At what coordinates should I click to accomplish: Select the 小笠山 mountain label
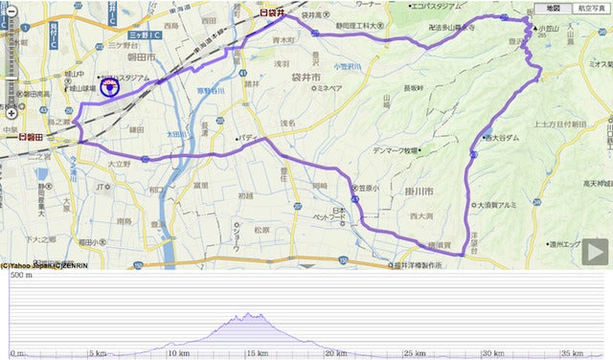548,28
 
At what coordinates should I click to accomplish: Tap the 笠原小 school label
368,190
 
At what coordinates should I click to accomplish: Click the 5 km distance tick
97,352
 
